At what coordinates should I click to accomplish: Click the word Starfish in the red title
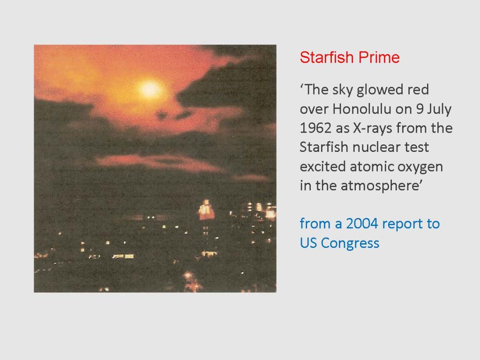pos(327,57)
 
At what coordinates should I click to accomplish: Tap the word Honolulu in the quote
pos(362,109)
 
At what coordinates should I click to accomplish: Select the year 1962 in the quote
pos(315,128)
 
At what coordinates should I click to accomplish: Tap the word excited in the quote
pos(322,166)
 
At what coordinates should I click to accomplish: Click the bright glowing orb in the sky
pos(150,89)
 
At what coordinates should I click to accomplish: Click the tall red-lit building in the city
pos(206,210)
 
